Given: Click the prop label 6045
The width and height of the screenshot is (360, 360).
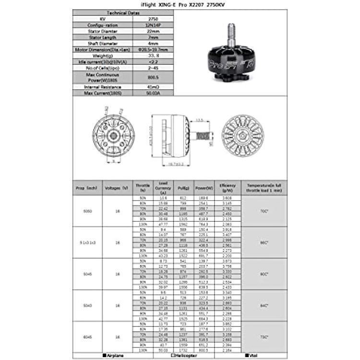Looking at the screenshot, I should [x=87, y=337].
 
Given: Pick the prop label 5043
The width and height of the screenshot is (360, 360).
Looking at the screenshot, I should [x=87, y=305].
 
